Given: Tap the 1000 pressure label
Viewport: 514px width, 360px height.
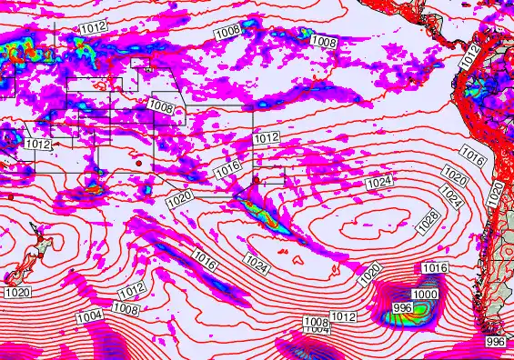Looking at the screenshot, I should coord(425,295).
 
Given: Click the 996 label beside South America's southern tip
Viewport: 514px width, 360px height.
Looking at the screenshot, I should coord(496,341).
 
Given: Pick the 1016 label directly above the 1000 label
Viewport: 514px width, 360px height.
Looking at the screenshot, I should coord(436,268).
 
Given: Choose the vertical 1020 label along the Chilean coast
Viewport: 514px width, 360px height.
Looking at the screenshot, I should coord(496,193).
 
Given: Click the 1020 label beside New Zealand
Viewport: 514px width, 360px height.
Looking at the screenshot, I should coord(17,292).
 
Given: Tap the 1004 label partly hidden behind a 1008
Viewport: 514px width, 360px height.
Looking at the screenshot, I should coord(316,329).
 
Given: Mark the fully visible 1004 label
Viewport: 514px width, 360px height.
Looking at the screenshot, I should coord(89,316).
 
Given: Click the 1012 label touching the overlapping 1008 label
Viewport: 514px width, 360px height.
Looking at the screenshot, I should coord(343,316).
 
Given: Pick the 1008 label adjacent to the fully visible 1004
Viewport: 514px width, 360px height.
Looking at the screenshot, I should coord(125,309).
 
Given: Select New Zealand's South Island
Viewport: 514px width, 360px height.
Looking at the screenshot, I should coord(13,273).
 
